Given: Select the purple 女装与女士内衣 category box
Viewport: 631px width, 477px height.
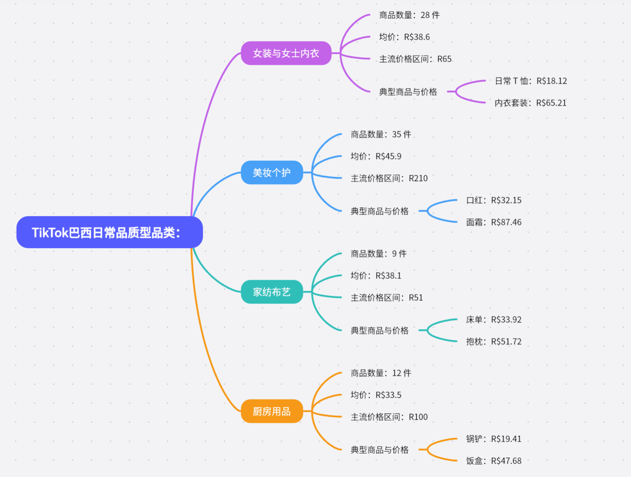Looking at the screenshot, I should point(286,53).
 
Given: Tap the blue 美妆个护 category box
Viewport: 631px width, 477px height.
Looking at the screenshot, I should point(272,172).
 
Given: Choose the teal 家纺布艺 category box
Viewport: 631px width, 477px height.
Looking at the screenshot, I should point(272,292).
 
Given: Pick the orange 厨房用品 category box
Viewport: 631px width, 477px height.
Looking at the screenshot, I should point(272,411).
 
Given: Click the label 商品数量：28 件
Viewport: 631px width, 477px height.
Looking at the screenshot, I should point(409,15).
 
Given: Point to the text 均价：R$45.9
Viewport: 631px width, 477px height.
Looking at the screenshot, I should point(376,156).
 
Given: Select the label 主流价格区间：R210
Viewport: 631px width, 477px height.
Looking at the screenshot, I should point(389,178).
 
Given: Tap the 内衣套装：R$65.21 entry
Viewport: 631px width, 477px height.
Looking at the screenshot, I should point(530,103).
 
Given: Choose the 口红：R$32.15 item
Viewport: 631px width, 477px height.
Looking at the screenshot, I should point(493,200).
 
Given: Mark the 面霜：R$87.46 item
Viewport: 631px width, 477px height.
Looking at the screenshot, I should point(493,222).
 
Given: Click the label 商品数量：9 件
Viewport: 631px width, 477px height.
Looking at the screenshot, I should point(378,254).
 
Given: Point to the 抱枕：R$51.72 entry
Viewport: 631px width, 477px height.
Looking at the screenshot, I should point(493,341).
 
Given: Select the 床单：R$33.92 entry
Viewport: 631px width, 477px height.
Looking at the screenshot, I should point(493,320).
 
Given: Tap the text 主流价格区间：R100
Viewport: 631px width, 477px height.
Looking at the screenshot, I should point(389,417).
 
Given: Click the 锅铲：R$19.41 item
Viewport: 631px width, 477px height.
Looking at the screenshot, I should point(493,439).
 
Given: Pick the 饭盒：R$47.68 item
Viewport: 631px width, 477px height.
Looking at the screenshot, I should point(493,461).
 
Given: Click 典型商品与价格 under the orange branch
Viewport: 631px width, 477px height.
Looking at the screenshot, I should point(380,450).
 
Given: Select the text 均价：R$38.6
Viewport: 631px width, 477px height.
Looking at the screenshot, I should point(404,37).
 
